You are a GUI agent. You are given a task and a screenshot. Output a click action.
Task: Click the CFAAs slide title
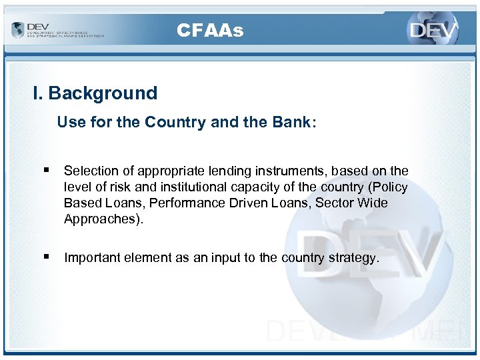click(x=210, y=31)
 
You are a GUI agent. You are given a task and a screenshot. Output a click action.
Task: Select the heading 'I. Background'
click(x=95, y=93)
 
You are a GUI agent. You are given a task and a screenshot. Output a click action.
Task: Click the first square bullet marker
click(x=43, y=171)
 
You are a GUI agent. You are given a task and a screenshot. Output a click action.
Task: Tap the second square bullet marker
click(x=43, y=257)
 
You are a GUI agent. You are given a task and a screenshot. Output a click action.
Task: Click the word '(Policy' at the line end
click(x=386, y=187)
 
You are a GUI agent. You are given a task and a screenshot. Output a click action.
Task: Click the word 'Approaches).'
click(x=103, y=219)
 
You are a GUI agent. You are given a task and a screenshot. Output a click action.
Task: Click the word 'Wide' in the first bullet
click(x=373, y=203)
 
